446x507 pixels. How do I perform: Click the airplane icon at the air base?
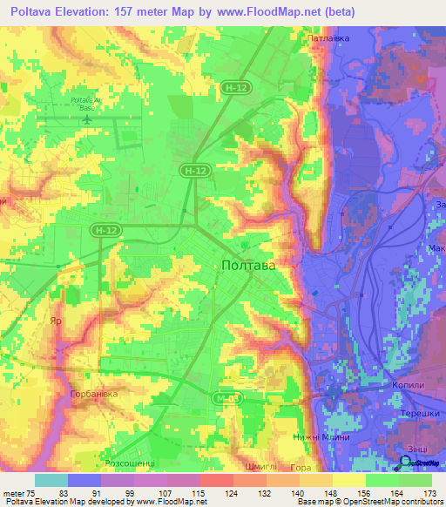tap(87, 118)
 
